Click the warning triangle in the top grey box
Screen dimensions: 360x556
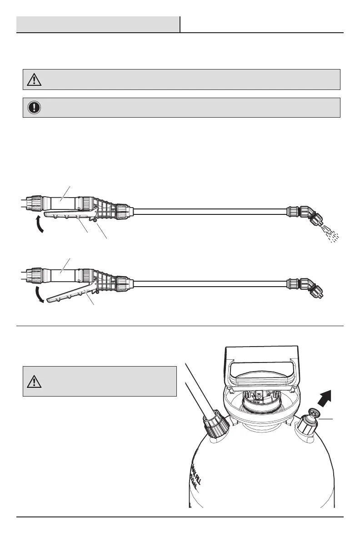[x=34, y=79]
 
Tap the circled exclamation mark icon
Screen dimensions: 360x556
[x=34, y=108]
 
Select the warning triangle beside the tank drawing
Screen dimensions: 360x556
[x=34, y=382]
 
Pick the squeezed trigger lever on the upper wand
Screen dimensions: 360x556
[x=68, y=216]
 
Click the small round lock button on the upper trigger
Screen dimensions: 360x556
[x=94, y=221]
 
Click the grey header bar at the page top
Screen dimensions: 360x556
[x=98, y=25]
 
